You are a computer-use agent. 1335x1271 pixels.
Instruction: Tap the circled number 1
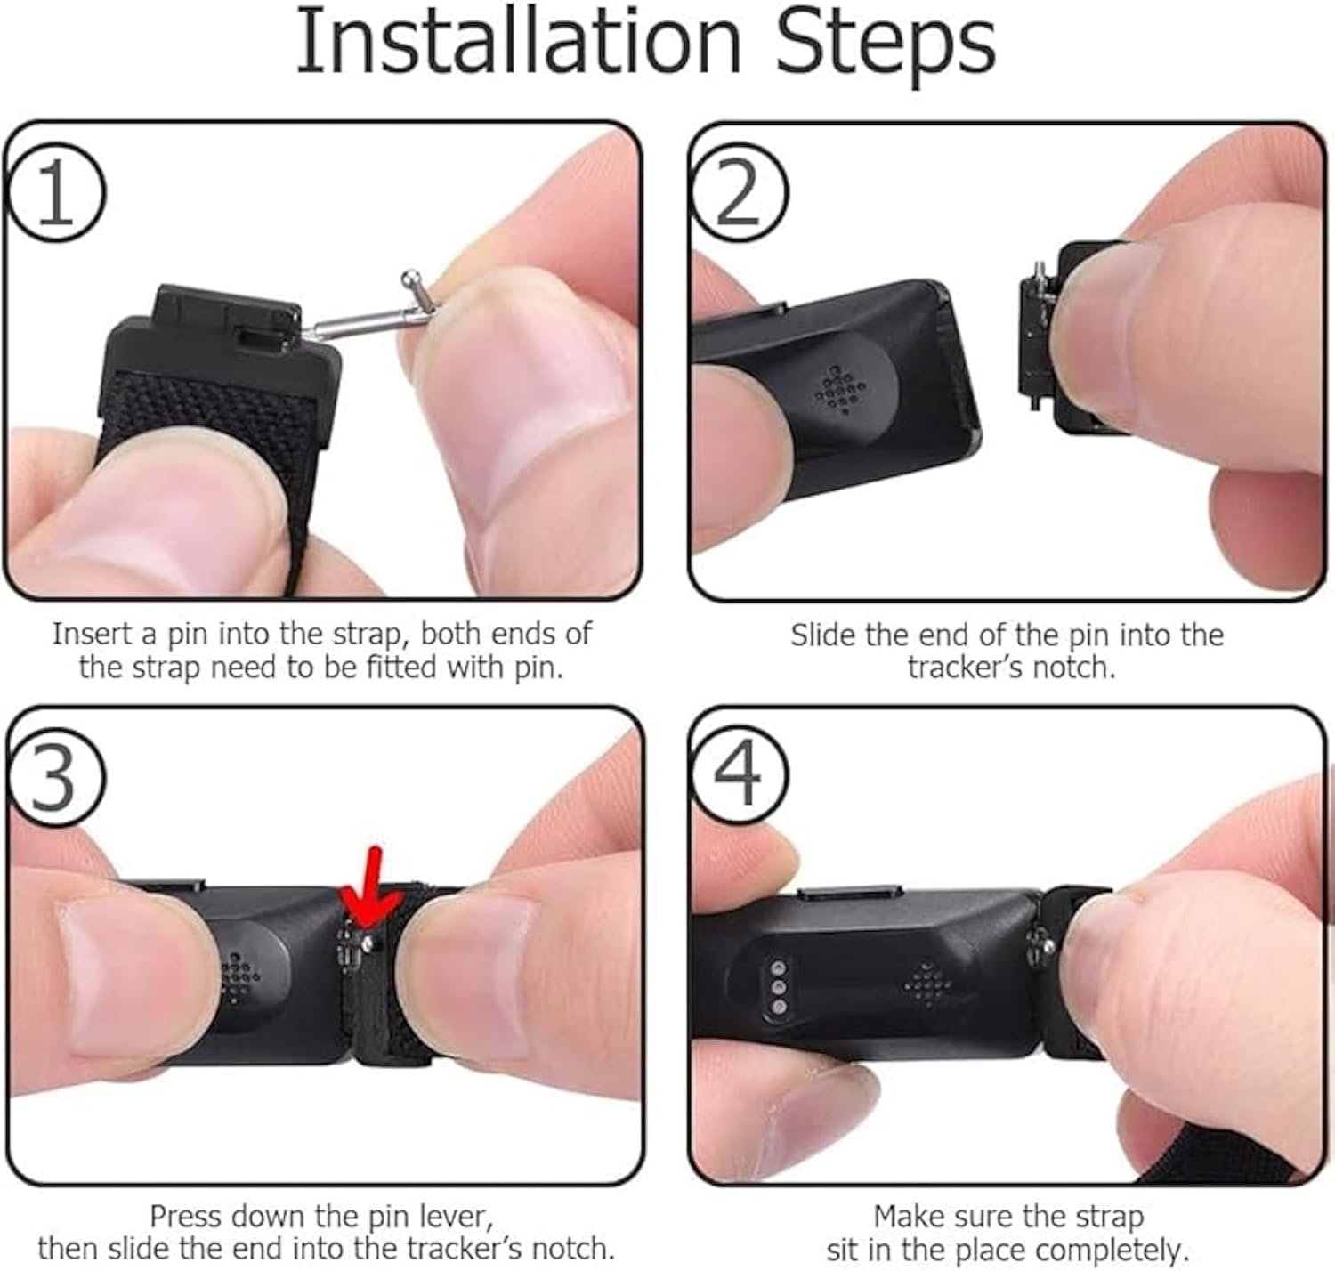(55, 193)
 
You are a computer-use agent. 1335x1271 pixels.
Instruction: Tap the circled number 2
(739, 193)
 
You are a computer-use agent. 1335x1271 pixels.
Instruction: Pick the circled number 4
(739, 773)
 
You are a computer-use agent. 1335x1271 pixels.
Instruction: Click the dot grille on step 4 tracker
(927, 985)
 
